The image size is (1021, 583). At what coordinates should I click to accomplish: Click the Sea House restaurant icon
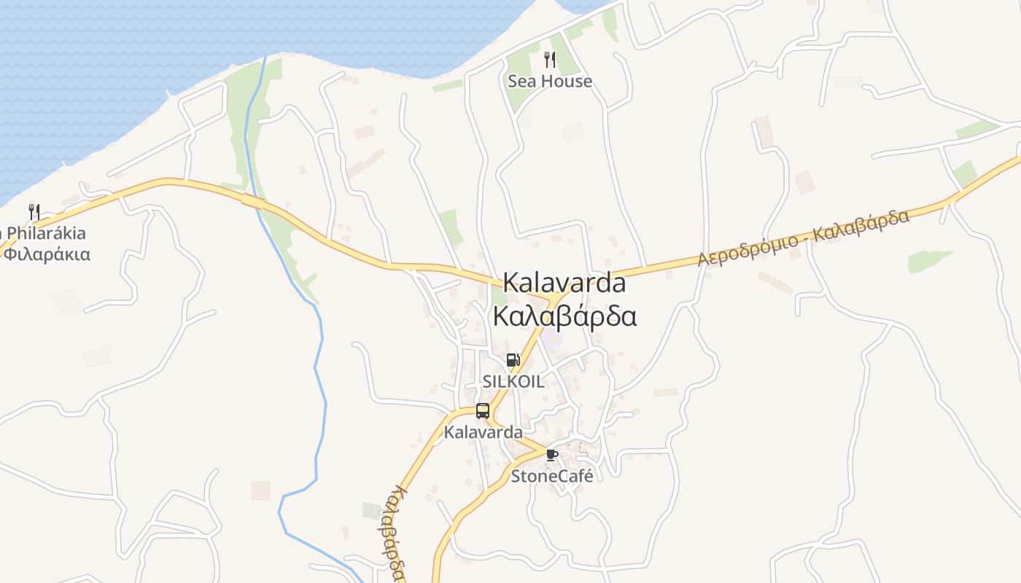[550, 60]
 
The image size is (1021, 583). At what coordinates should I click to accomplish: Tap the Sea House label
[550, 81]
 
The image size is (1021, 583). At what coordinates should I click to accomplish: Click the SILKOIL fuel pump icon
[513, 360]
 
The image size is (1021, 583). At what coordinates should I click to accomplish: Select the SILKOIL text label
[513, 381]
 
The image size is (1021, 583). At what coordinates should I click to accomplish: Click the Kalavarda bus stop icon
[483, 411]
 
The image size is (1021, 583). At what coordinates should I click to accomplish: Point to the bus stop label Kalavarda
[483, 432]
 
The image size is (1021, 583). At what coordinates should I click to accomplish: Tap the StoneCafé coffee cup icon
[552, 455]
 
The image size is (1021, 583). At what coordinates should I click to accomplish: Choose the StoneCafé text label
[552, 476]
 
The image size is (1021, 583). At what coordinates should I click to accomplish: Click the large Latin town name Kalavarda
[564, 283]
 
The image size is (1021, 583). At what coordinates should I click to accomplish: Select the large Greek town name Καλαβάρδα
[564, 317]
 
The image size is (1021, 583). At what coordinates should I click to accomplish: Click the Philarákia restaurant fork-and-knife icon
[34, 212]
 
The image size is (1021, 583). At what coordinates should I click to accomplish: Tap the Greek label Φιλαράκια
[47, 254]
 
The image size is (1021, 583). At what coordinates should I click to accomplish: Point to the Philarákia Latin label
[47, 233]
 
